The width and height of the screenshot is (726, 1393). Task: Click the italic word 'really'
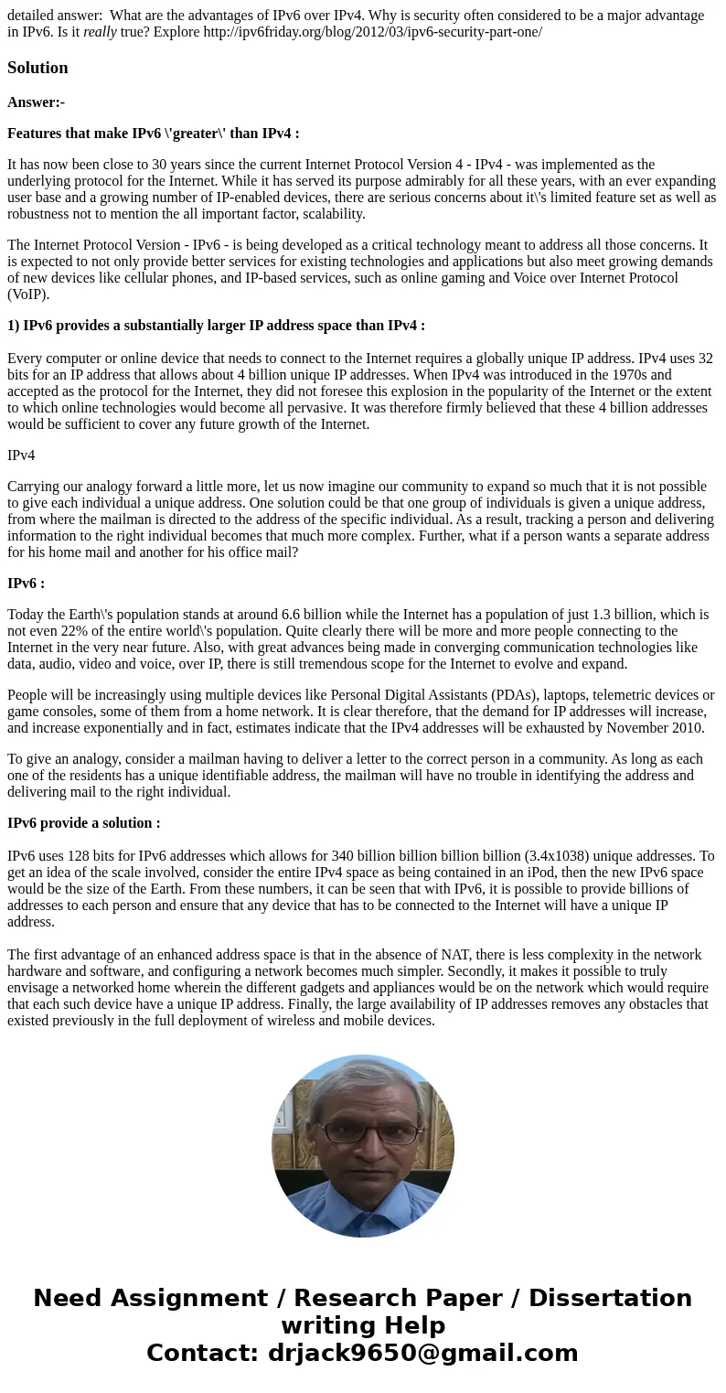[x=100, y=32]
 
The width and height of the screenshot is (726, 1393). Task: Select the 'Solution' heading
[x=37, y=68]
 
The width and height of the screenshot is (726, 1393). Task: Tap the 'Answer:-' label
[x=36, y=102]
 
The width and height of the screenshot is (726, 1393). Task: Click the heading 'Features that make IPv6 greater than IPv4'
[x=154, y=134]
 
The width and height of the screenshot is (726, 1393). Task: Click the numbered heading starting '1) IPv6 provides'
[x=216, y=326]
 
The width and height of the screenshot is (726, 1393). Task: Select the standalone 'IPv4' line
[x=21, y=455]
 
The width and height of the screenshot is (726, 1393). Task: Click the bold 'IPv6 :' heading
[x=26, y=584]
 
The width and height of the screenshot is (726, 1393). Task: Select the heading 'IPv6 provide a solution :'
[x=84, y=823]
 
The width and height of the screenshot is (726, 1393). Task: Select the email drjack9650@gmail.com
[x=422, y=1353]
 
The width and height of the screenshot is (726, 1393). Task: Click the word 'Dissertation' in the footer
[x=610, y=1298]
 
